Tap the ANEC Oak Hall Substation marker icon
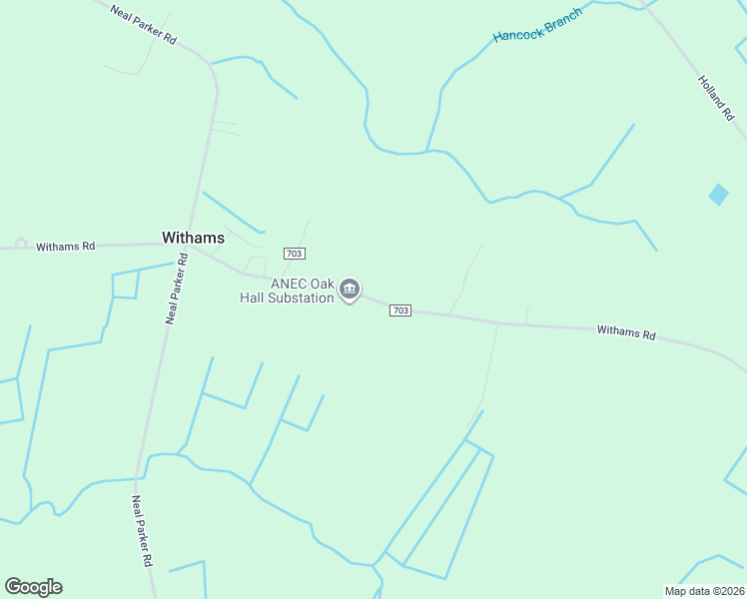tap(349, 290)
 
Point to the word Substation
tap(298, 299)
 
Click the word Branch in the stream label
tap(563, 13)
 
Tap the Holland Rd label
tap(716, 98)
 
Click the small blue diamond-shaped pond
tap(718, 195)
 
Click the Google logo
tap(33, 587)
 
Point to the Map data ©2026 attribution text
tap(704, 590)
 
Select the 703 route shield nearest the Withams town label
tap(294, 254)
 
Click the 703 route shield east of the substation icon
tap(399, 310)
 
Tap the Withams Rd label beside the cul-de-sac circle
tap(66, 246)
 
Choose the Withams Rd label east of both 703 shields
tap(626, 331)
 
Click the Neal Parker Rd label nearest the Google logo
tap(141, 531)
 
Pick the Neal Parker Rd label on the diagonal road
tap(144, 26)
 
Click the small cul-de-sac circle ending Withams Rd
tap(21, 244)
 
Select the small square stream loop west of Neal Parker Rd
tap(125, 285)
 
